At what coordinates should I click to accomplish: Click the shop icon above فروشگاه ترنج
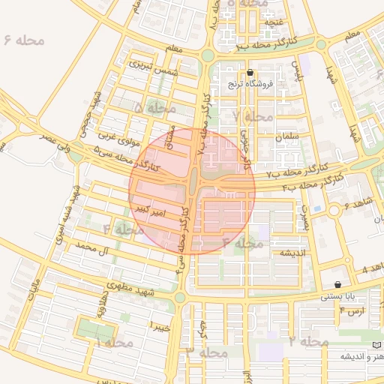point(250,73)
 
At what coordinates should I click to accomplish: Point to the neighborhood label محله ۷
point(253,116)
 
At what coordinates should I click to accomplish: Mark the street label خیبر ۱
point(160,326)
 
